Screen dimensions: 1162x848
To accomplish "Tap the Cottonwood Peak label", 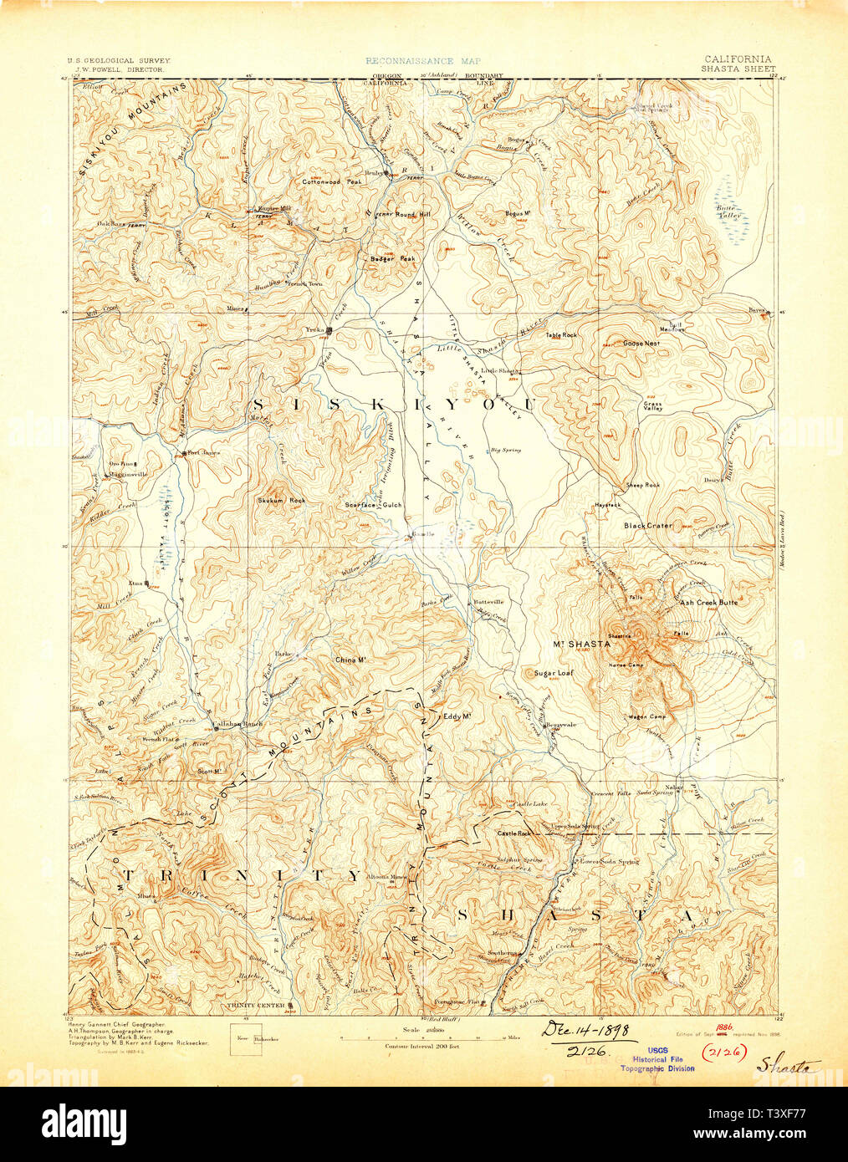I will [x=332, y=181].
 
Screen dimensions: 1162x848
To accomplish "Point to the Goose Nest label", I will [x=641, y=343].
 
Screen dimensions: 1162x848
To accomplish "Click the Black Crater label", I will [x=647, y=526].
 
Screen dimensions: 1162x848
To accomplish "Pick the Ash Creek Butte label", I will [x=708, y=602].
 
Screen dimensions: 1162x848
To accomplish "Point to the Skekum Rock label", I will [x=281, y=500].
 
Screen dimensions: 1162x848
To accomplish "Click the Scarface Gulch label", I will [x=374, y=505].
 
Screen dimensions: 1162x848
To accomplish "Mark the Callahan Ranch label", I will [x=237, y=723].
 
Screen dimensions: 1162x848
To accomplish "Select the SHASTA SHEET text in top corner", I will [x=738, y=69].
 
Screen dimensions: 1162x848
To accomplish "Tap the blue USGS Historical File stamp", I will [x=656, y=1061].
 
